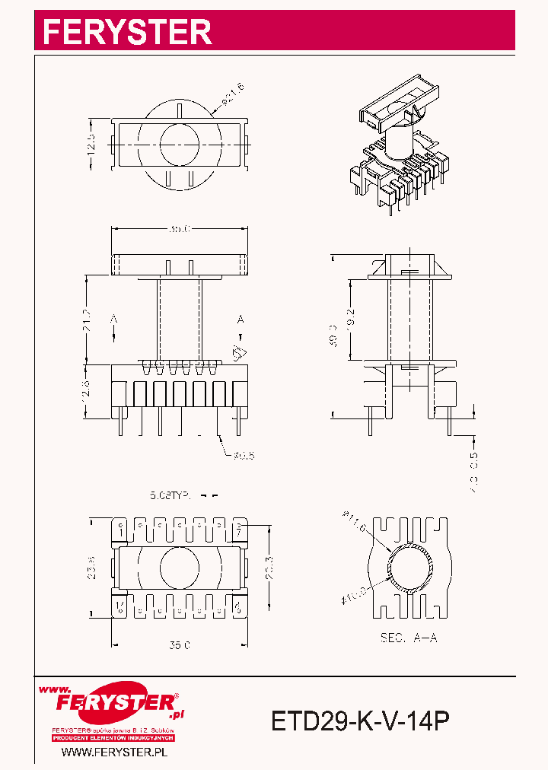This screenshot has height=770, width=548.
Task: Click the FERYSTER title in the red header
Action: [x=127, y=32]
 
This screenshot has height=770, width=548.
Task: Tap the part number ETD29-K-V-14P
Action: [x=360, y=720]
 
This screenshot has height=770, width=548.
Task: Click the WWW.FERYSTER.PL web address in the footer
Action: [x=113, y=752]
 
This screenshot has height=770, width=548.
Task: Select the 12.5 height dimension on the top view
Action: [x=91, y=143]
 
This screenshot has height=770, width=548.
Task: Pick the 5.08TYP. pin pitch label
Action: [x=170, y=495]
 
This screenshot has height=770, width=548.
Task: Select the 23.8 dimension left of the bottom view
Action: [x=91, y=567]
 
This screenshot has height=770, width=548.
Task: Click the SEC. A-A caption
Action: [x=409, y=638]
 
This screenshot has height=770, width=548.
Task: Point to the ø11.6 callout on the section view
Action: [x=354, y=524]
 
